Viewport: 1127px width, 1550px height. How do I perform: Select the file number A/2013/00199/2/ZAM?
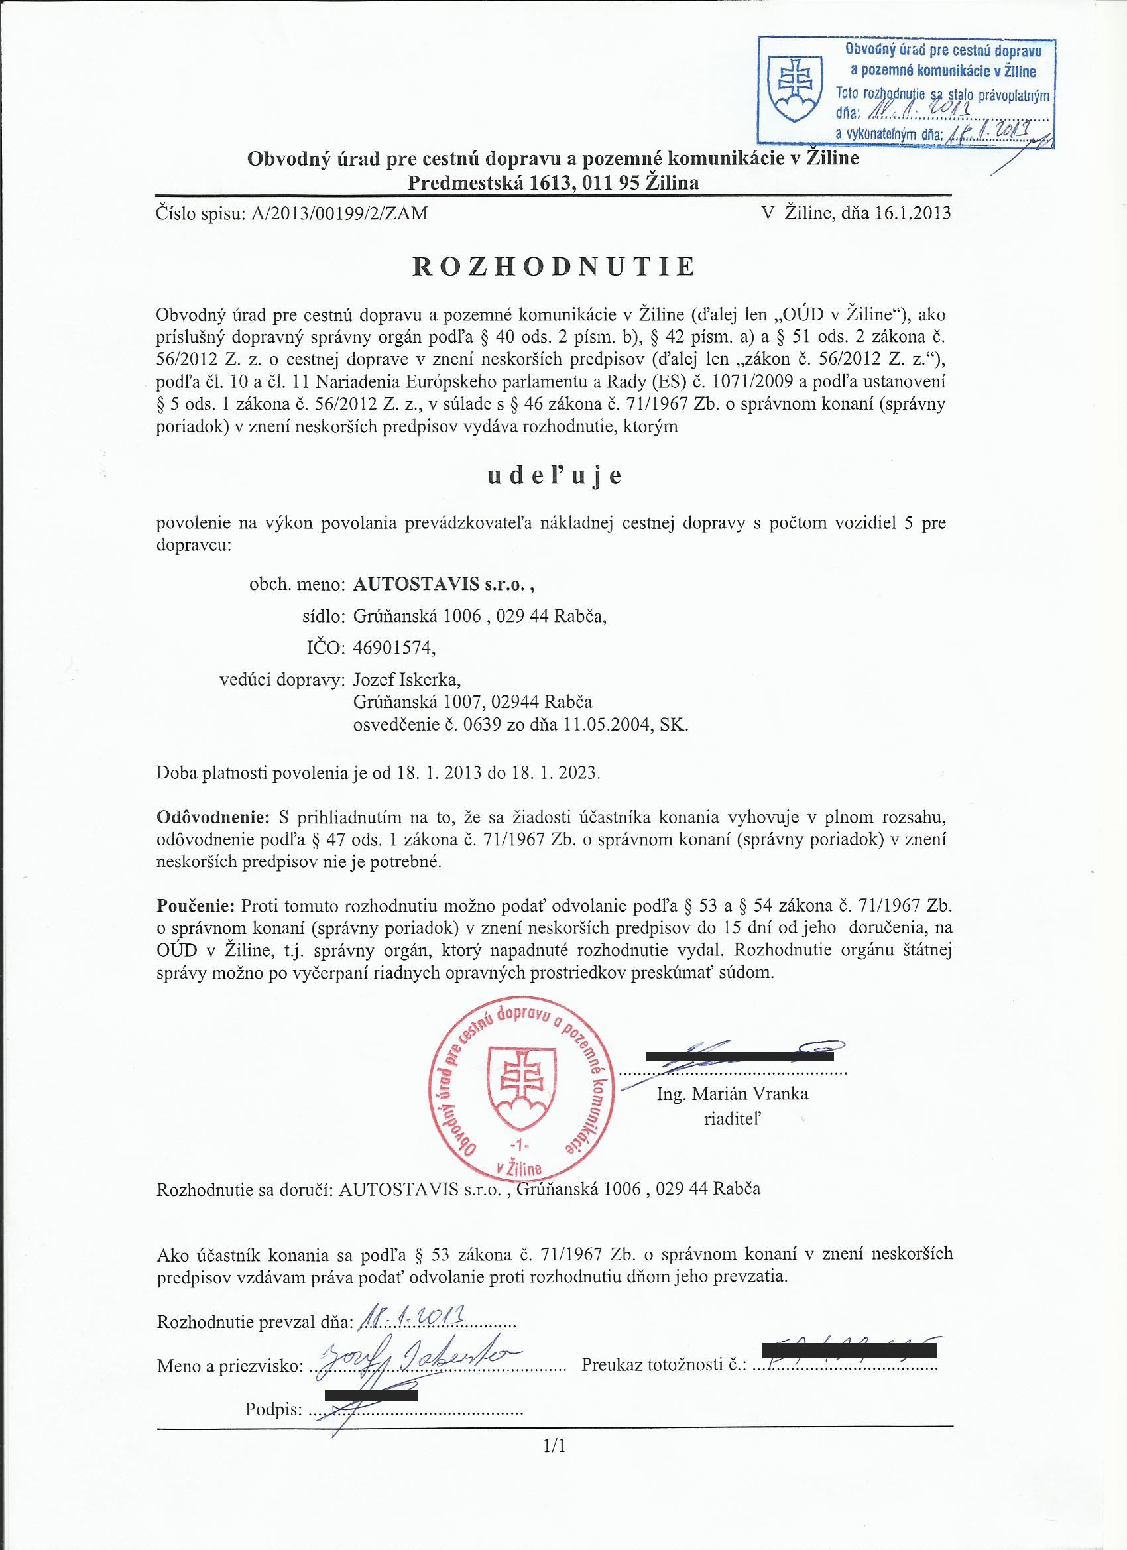[x=339, y=214]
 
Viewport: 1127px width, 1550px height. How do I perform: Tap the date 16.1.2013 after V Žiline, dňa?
[x=908, y=213]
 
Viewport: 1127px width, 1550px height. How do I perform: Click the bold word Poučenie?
[x=196, y=906]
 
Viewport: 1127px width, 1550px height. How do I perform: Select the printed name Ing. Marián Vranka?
[x=732, y=1094]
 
